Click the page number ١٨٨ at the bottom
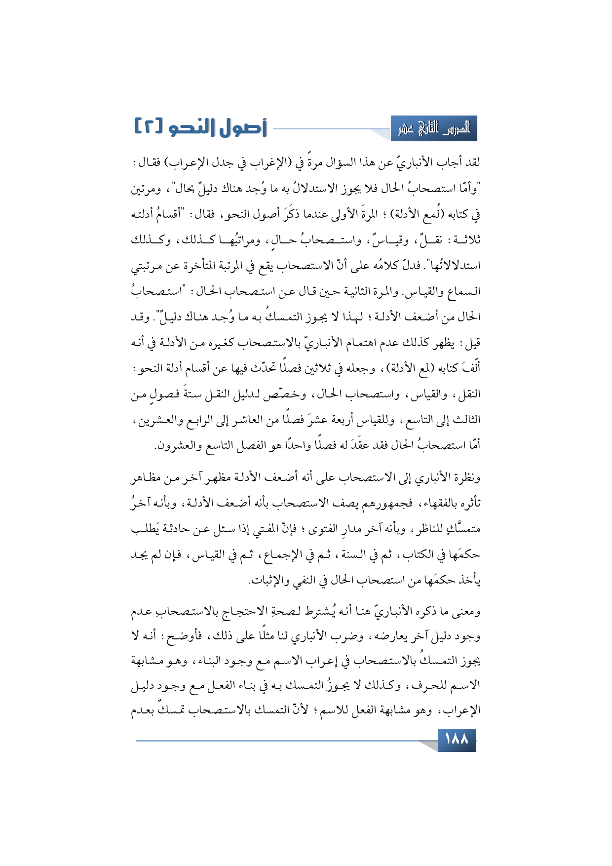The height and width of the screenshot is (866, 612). [457, 740]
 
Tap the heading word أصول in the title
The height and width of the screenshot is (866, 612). [242, 127]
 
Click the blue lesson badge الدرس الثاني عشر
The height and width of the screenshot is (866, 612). [434, 129]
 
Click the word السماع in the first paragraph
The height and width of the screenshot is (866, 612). [462, 292]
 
